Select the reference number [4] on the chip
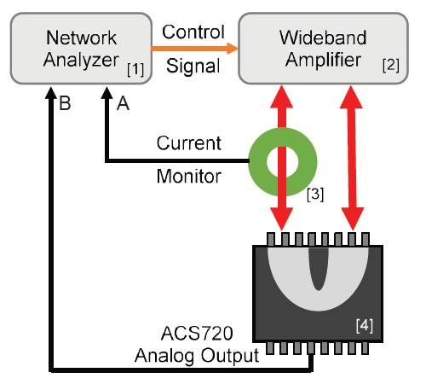(x=363, y=324)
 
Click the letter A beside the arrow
(x=123, y=105)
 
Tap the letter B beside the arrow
(x=64, y=105)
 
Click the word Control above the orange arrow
(x=193, y=32)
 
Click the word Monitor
(x=188, y=177)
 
